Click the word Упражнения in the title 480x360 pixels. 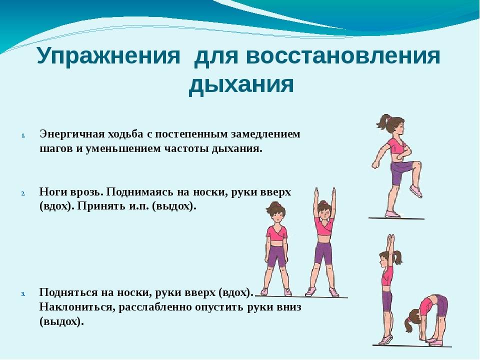point(108,55)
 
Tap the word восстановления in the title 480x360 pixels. point(343,55)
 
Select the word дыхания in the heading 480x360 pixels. point(241,84)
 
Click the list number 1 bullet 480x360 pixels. point(23,135)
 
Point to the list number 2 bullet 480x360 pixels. point(23,193)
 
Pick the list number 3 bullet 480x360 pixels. point(23,294)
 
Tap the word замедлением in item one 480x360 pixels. point(265,134)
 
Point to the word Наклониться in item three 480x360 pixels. point(75,306)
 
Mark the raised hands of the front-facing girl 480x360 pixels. point(325,193)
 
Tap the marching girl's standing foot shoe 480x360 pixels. point(393,214)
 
